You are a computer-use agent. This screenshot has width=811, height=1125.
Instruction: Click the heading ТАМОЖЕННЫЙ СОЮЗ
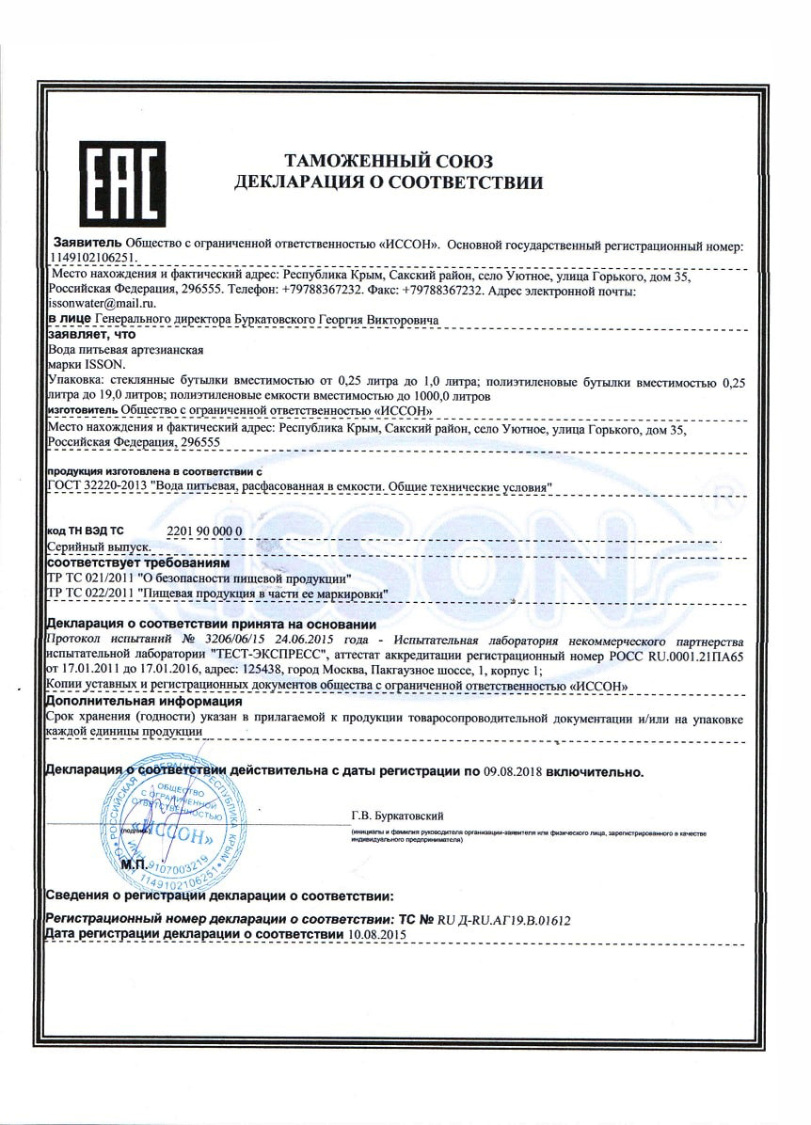pos(389,161)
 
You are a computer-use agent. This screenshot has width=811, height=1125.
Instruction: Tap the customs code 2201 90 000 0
pos(204,531)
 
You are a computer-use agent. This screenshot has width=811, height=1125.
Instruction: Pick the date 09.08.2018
pos(511,771)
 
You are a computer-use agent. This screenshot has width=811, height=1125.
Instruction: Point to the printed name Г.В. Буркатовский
pos(396,816)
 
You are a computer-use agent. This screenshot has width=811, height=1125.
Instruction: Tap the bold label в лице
pos(70,319)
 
